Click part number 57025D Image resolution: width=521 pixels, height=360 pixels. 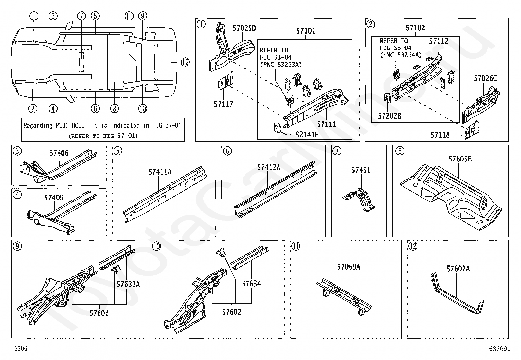coord(244,28)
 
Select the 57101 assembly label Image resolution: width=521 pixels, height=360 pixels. coord(306,31)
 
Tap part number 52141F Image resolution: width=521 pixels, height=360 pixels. coord(307,135)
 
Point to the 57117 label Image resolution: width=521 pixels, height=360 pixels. coord(223,104)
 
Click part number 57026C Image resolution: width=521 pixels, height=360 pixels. coord(485,79)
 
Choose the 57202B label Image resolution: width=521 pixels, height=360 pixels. coord(389,116)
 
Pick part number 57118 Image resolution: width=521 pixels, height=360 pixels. coord(440,135)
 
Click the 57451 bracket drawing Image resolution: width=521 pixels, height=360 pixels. coord(358,200)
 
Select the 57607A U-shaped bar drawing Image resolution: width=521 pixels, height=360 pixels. coord(458,294)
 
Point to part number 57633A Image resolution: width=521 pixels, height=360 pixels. coord(128,284)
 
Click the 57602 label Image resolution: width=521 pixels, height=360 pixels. coord(231,312)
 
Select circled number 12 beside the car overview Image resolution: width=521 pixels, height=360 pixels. coord(185,62)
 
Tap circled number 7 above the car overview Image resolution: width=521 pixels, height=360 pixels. coord(81,16)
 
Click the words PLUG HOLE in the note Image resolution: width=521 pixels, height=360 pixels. coord(70,126)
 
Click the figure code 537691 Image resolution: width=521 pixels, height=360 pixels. coord(499,349)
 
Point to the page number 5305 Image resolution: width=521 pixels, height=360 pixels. coord(21,348)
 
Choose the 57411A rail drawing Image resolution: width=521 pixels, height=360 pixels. coord(164,195)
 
